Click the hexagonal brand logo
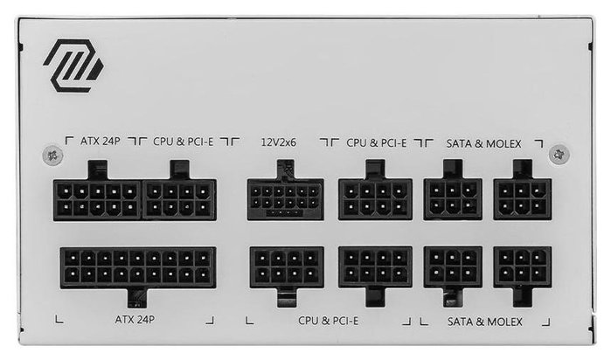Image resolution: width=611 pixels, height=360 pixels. click(x=73, y=66)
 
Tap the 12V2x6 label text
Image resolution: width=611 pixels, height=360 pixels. click(x=279, y=142)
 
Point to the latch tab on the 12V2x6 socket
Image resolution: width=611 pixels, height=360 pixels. click(x=285, y=170)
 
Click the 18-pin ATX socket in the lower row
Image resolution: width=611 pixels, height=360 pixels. click(x=138, y=267)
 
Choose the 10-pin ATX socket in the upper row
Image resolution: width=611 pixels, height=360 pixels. click(x=97, y=200)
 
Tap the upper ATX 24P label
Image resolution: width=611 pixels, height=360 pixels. click(x=101, y=141)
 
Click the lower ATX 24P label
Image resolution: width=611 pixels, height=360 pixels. click(x=135, y=320)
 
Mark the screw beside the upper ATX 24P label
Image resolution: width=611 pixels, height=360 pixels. click(x=52, y=155)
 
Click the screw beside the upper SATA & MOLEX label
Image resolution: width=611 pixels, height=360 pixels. click(x=559, y=154)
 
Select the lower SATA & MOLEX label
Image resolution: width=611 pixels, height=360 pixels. click(x=485, y=322)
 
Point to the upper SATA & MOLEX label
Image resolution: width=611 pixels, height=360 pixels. click(x=483, y=144)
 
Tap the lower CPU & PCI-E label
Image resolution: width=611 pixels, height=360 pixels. click(x=328, y=321)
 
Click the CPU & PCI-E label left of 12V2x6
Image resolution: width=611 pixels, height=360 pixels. click(x=184, y=142)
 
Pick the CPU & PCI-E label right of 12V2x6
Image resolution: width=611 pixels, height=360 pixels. click(x=377, y=143)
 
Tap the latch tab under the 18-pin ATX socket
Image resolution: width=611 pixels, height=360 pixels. click(x=137, y=298)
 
